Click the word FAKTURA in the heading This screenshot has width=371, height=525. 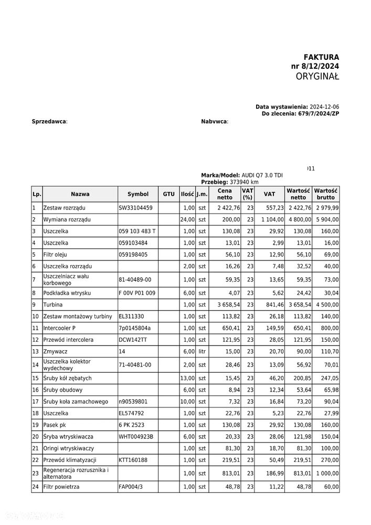pyautogui.click(x=321, y=57)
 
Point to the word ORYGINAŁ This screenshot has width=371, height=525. pyautogui.click(x=317, y=77)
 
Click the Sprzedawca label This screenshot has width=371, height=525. pyautogui.click(x=49, y=121)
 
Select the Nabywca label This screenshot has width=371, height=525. pyautogui.click(x=215, y=121)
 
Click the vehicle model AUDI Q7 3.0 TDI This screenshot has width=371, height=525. pyautogui.click(x=262, y=175)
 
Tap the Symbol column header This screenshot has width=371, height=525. pyautogui.click(x=138, y=194)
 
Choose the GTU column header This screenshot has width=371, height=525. pyautogui.click(x=168, y=194)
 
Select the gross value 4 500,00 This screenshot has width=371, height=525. pyautogui.click(x=327, y=304)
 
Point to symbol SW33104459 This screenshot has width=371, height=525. pyautogui.click(x=135, y=208)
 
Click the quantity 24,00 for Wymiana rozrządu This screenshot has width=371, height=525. pyautogui.click(x=187, y=219)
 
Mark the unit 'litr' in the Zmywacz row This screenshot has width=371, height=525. pyautogui.click(x=202, y=351)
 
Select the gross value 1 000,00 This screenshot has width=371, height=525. pyautogui.click(x=327, y=473)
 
